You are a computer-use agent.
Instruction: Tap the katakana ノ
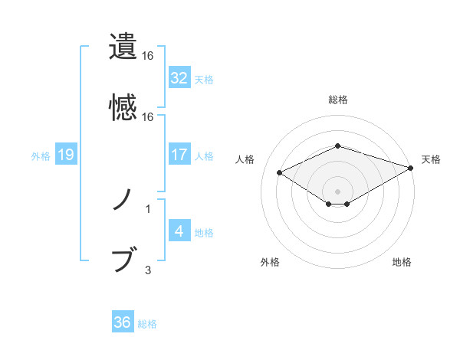123,201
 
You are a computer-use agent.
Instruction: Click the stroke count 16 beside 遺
148,56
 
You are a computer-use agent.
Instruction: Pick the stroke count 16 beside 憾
148,117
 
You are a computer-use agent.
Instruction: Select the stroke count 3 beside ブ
148,270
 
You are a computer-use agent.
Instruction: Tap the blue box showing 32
179,78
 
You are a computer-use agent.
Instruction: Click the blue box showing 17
179,155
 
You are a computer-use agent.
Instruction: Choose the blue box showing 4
179,231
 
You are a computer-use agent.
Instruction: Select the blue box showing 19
66,155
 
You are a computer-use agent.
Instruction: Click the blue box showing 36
123,322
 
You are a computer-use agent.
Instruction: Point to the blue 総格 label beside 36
148,324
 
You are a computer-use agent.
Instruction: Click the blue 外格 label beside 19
41,156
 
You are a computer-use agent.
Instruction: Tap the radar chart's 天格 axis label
431,159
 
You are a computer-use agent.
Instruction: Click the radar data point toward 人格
279,172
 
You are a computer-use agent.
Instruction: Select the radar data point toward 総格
337,146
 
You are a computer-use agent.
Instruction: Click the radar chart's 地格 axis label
402,262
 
